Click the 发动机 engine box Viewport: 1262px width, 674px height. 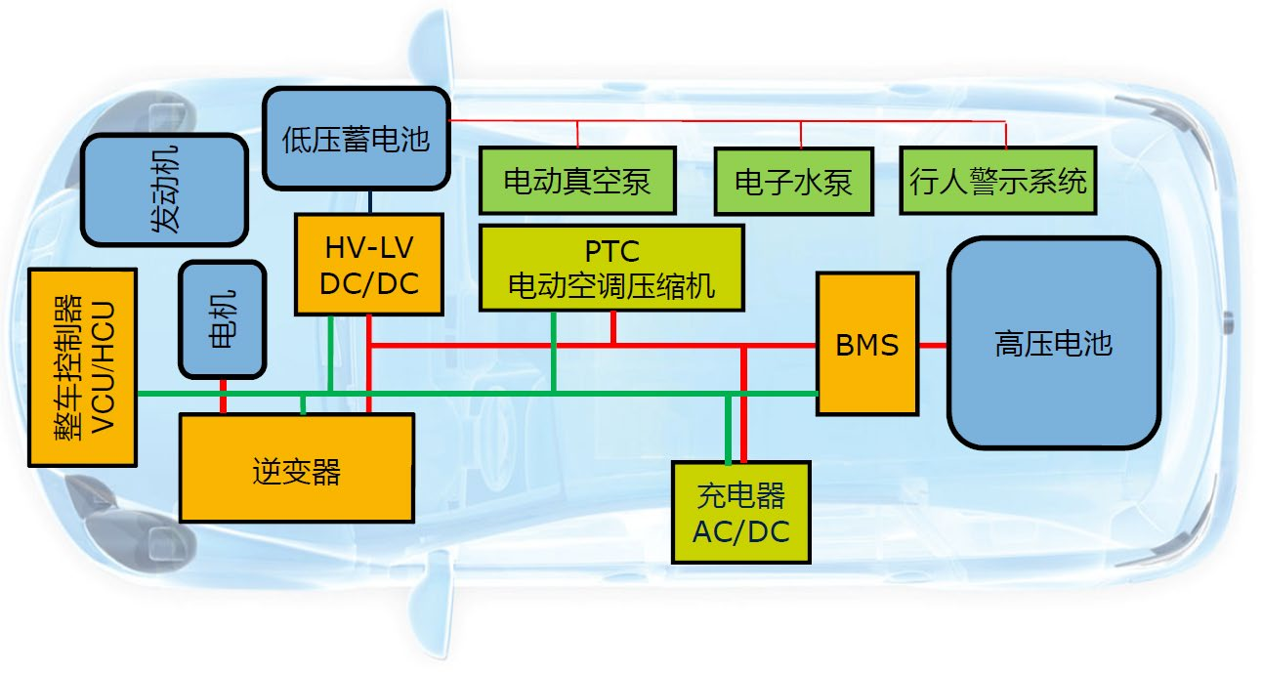tap(163, 190)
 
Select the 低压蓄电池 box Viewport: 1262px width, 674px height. tap(356, 139)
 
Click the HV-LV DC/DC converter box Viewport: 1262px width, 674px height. tap(370, 265)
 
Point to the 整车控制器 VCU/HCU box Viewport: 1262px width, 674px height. tap(82, 366)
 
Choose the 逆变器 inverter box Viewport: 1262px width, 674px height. tap(296, 468)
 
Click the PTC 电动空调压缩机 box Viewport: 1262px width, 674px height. tap(611, 268)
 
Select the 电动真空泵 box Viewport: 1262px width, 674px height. tap(577, 181)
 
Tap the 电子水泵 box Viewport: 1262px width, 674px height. tap(793, 181)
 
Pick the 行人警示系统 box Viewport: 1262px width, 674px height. tap(996, 181)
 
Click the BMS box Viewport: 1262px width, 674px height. tap(866, 344)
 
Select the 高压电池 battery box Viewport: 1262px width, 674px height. tap(1053, 344)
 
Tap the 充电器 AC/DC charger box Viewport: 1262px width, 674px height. tap(741, 512)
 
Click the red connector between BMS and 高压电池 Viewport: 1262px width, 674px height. tap(932, 345)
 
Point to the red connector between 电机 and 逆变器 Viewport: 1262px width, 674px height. tap(223, 396)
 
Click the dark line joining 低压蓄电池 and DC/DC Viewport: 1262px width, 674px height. tap(371, 201)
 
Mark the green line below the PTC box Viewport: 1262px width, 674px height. tap(554, 352)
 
